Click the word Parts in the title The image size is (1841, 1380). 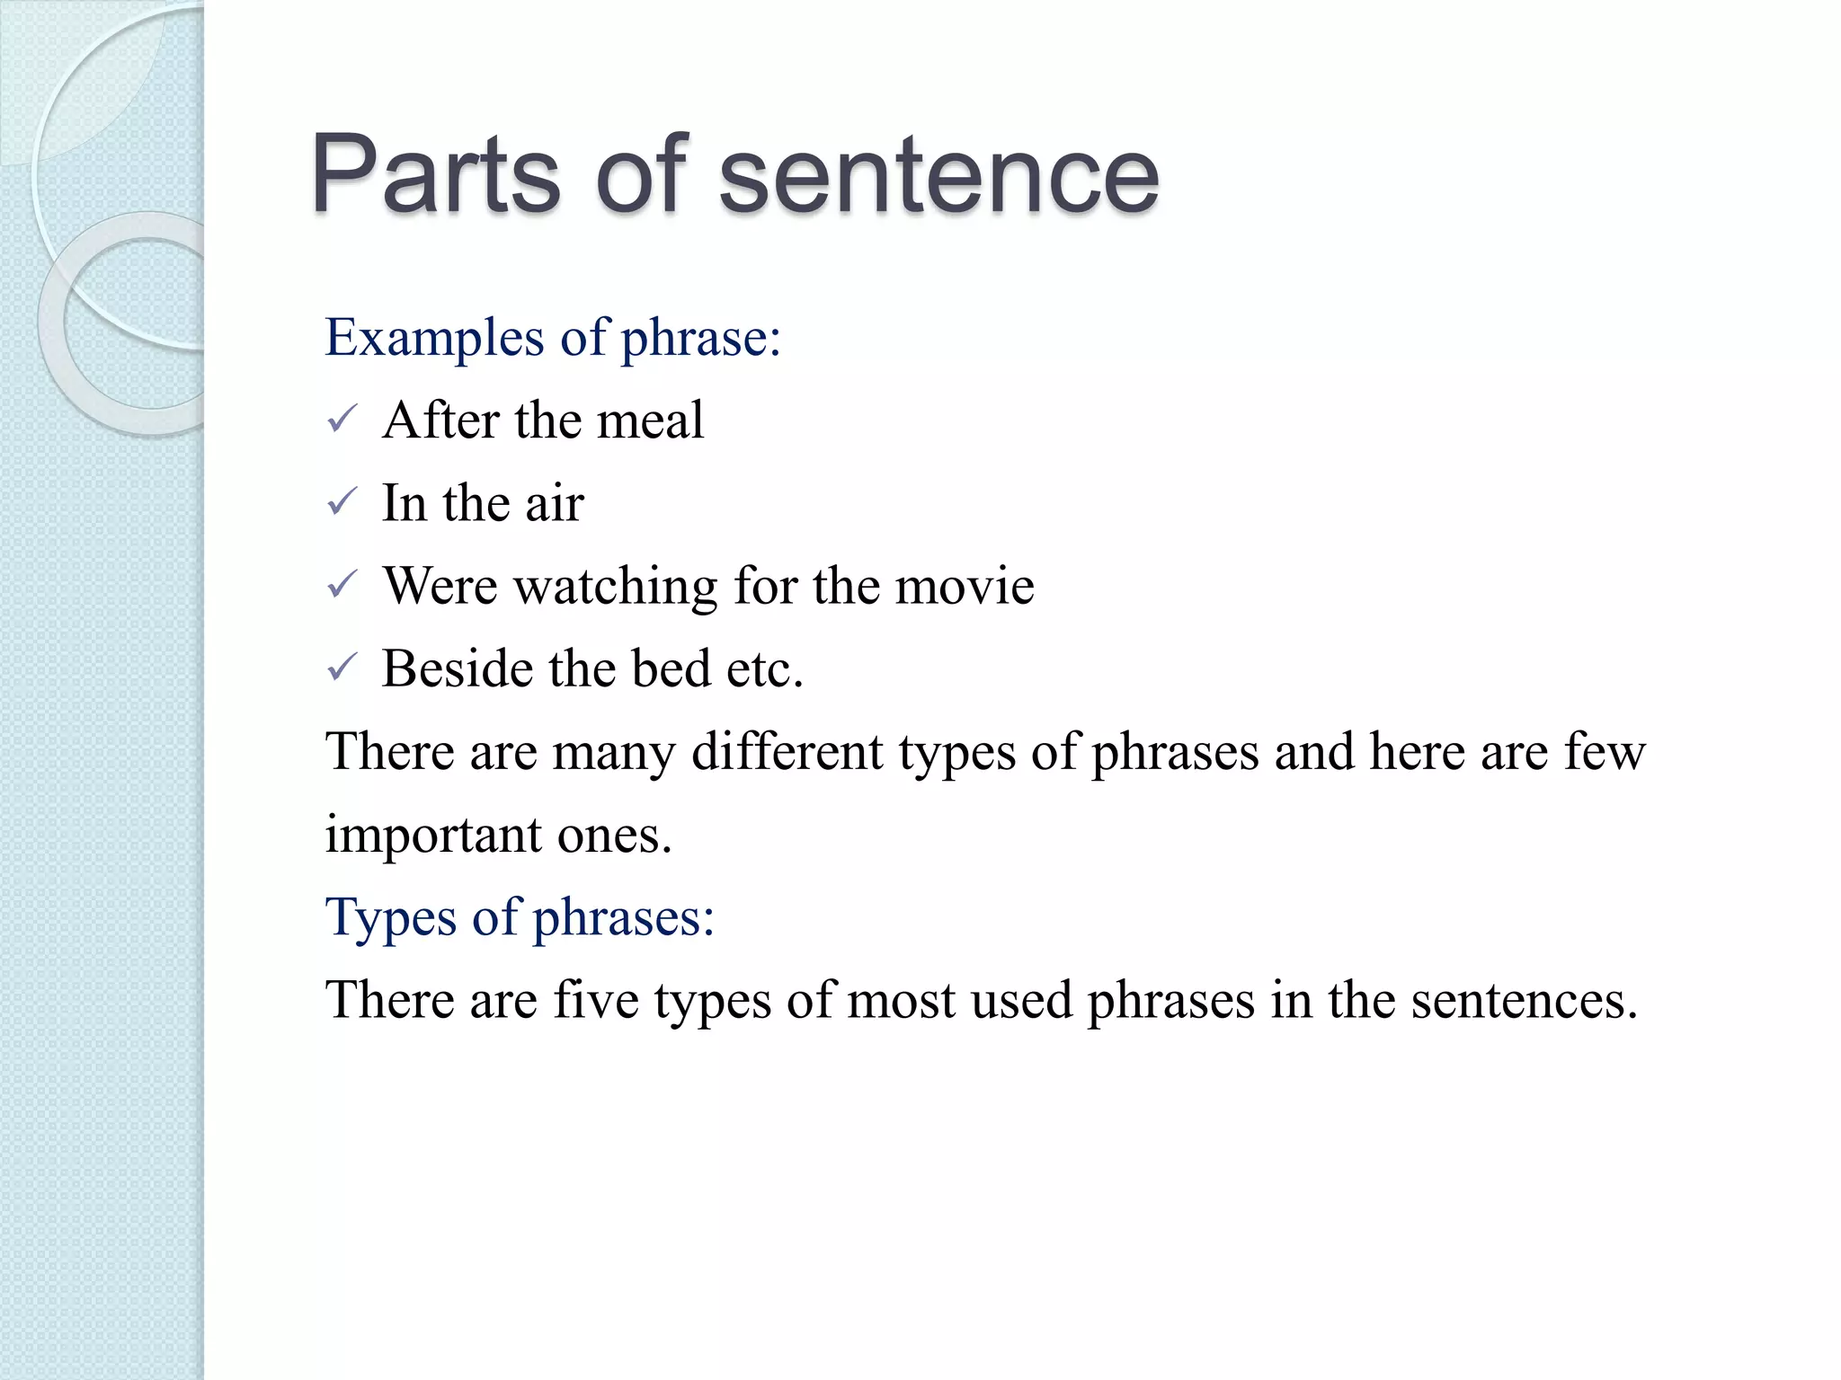pos(435,174)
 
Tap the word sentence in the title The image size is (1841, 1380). pos(938,174)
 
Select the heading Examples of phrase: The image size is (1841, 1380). pos(552,339)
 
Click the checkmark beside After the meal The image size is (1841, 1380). pos(342,420)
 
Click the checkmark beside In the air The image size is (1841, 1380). pos(342,502)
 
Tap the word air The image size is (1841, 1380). pos(555,503)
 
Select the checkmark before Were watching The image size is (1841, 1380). pos(342,585)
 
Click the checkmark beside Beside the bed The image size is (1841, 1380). pos(342,668)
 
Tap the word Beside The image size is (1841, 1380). pos(458,668)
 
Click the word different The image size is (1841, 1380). pos(787,751)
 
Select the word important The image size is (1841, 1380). pos(433,836)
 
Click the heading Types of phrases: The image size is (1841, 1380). pos(520,917)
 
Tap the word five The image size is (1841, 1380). pos(595,1000)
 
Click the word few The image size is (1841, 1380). pos(1605,751)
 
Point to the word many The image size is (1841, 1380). pos(613,753)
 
